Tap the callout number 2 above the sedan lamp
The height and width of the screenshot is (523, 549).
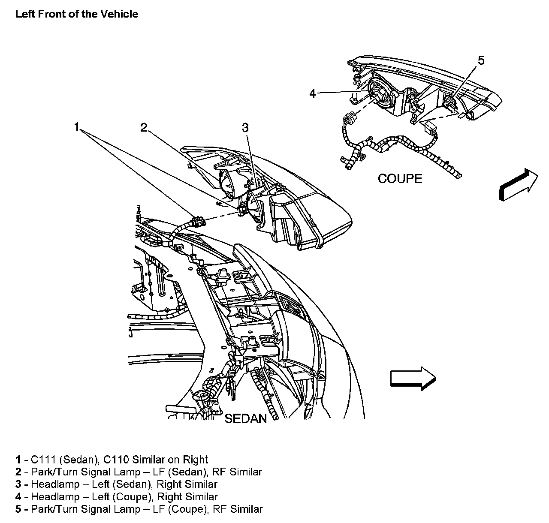coord(144,127)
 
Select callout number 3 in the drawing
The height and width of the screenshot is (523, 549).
coord(245,127)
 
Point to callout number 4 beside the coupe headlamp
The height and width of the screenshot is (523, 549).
coord(313,93)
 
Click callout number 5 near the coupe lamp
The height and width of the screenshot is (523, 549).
coord(481,60)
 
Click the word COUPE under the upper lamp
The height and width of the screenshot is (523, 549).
coord(400,178)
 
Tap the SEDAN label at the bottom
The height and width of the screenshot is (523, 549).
coord(245,418)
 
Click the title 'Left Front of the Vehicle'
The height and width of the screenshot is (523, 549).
coord(77,14)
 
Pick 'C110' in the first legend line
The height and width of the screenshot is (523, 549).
coord(115,460)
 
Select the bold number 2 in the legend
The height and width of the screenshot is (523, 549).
coord(18,472)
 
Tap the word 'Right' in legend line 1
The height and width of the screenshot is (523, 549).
coord(196,460)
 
